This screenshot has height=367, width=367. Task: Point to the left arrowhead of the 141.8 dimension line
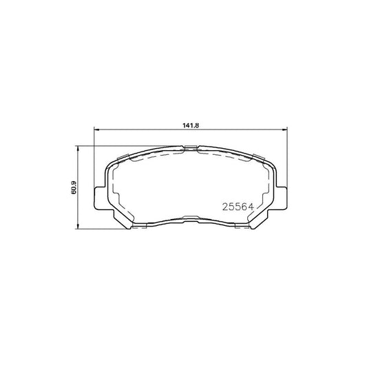pyautogui.click(x=96, y=132)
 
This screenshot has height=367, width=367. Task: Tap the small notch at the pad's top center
pyautogui.click(x=189, y=147)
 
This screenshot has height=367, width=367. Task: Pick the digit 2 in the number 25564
pyautogui.click(x=224, y=205)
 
